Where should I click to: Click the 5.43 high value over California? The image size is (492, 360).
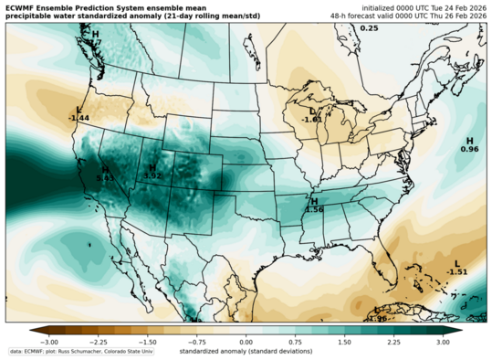(105, 177)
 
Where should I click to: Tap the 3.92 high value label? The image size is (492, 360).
(152, 175)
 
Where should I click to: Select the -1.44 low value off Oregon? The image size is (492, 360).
(79, 118)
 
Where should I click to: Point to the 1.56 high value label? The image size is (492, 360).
(314, 209)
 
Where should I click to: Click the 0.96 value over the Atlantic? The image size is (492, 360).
(469, 149)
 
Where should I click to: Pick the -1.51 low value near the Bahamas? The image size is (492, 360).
(457, 271)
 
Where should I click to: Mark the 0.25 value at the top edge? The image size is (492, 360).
(369, 28)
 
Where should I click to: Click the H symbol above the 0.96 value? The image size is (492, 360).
(469, 140)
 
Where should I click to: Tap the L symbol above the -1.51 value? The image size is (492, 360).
(457, 263)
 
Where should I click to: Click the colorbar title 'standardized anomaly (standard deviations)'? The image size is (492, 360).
(246, 351)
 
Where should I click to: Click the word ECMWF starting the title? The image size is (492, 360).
(23, 8)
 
